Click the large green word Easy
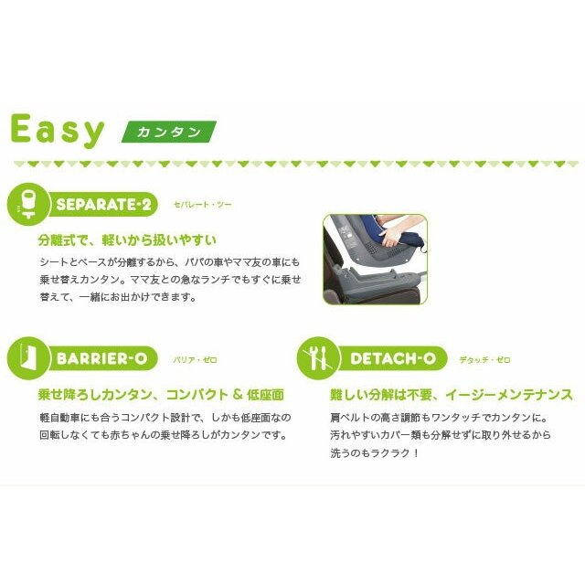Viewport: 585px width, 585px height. (58, 130)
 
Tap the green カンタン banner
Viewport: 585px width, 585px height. (169, 132)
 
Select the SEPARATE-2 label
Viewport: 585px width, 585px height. (103, 204)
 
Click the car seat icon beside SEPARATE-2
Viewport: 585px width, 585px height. (28, 204)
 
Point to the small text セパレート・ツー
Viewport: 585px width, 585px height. (203, 205)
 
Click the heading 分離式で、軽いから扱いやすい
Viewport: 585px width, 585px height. (127, 239)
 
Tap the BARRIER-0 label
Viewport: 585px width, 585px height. (101, 359)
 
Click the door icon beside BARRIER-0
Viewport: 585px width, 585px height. (28, 358)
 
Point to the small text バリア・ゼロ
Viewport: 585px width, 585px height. (195, 360)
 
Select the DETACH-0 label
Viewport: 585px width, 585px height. (393, 359)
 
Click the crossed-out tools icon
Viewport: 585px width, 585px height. (318, 358)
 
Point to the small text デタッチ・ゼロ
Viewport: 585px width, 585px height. (484, 360)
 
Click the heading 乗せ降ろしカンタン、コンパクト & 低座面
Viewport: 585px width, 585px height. (161, 395)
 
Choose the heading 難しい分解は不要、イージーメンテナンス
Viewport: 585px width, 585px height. (452, 395)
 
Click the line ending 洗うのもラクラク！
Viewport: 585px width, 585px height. (375, 453)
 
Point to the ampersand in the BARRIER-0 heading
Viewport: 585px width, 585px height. (238, 395)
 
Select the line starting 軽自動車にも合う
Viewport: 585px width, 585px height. (165, 418)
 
